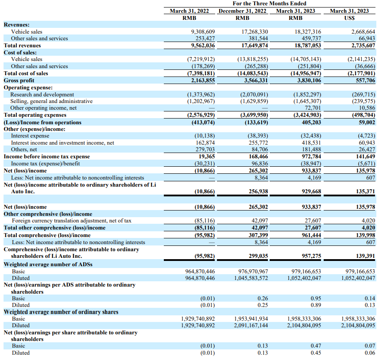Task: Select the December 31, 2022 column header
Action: [x=242, y=11]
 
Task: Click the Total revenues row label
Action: [x=22, y=46]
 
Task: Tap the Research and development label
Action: [x=42, y=94]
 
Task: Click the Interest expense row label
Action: [x=30, y=136]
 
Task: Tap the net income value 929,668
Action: [x=311, y=191]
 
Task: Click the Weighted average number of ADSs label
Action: [x=48, y=264]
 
